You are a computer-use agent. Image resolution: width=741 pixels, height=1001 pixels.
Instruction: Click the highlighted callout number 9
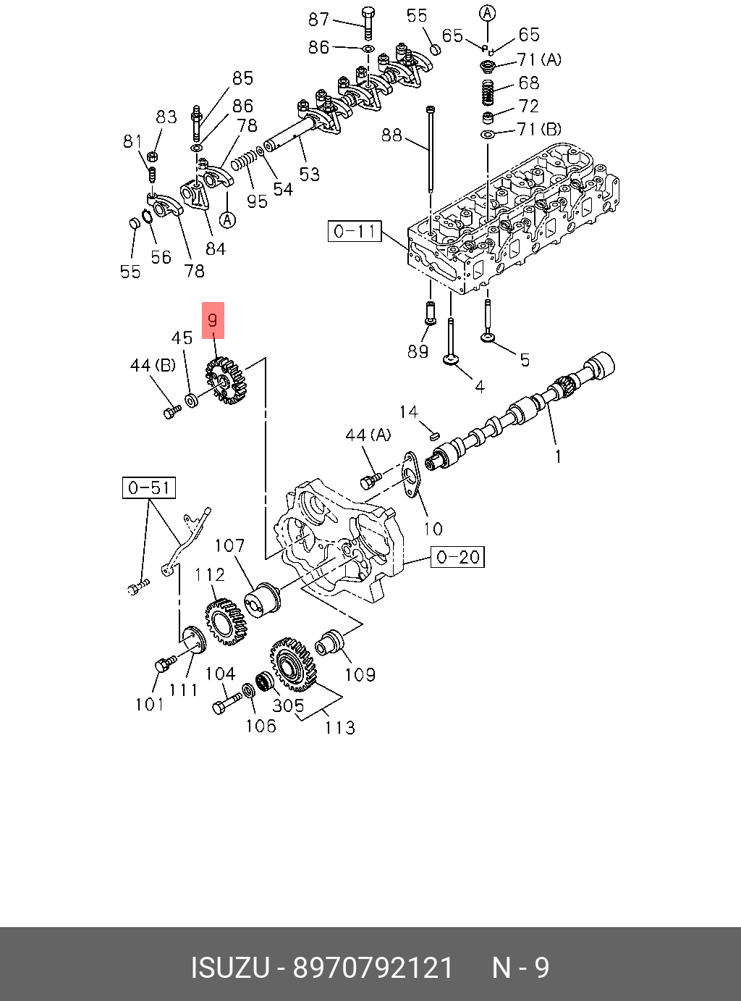(213, 320)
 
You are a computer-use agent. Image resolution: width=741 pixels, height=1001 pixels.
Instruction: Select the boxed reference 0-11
(354, 232)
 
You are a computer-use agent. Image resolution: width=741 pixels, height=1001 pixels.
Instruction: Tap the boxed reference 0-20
(457, 556)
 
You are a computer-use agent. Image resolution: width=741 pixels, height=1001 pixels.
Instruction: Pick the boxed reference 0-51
(148, 487)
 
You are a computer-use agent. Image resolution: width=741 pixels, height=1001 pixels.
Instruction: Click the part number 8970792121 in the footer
(373, 968)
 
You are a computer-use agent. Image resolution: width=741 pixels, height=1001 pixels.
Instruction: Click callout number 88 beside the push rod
(391, 135)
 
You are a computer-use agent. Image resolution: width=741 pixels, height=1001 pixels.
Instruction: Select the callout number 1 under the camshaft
(558, 456)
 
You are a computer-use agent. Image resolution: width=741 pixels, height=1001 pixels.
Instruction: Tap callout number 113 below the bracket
(339, 726)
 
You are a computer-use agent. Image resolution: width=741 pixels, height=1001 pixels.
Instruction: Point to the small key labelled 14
(434, 435)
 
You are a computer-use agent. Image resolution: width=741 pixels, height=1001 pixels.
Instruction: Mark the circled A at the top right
(488, 12)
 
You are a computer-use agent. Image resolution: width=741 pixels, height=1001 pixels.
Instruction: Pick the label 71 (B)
(539, 130)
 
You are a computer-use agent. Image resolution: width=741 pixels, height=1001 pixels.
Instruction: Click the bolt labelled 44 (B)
(171, 411)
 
